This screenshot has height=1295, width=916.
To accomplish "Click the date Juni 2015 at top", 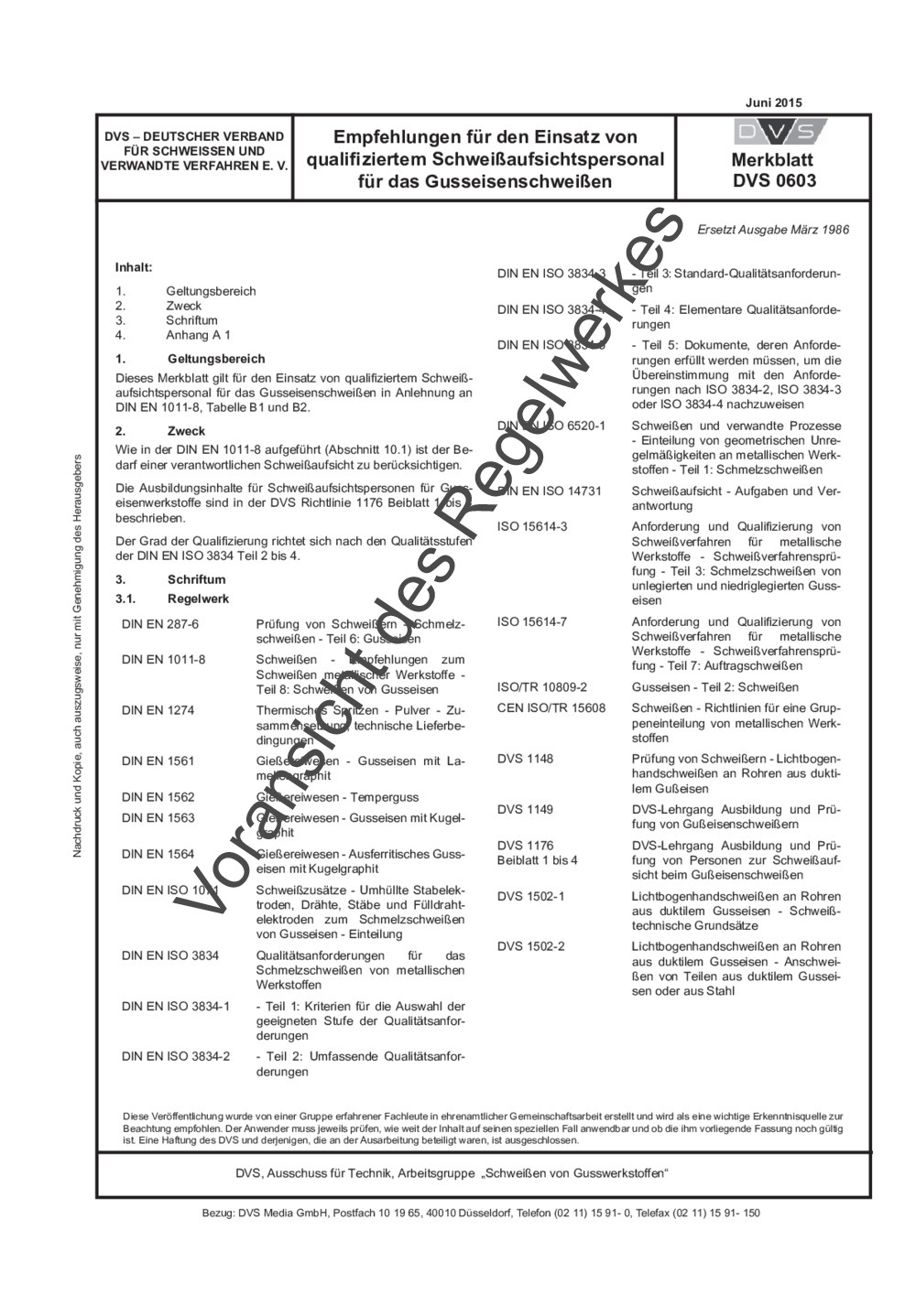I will (x=775, y=103).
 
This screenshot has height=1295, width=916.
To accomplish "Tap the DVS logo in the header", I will (x=774, y=132).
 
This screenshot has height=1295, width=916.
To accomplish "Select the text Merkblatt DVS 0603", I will (x=774, y=170).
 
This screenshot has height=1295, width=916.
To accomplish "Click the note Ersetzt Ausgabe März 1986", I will (x=773, y=229).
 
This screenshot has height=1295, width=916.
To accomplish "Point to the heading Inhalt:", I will (x=134, y=268).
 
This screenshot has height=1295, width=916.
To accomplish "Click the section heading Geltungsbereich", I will (x=216, y=359).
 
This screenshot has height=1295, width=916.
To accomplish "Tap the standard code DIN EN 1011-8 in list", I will (x=164, y=659).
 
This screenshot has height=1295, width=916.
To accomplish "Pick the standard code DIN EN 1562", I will (x=158, y=796).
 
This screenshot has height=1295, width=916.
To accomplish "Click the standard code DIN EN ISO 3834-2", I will (x=176, y=1056).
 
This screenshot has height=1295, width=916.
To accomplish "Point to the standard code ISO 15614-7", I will (x=532, y=621).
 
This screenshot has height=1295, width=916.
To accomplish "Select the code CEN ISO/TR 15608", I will (x=551, y=707).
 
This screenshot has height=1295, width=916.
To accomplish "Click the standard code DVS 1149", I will (x=525, y=809).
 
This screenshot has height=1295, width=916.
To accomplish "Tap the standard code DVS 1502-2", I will (x=531, y=946).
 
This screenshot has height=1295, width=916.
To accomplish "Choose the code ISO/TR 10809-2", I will (x=542, y=686).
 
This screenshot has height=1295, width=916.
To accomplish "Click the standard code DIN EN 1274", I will (x=158, y=710).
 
